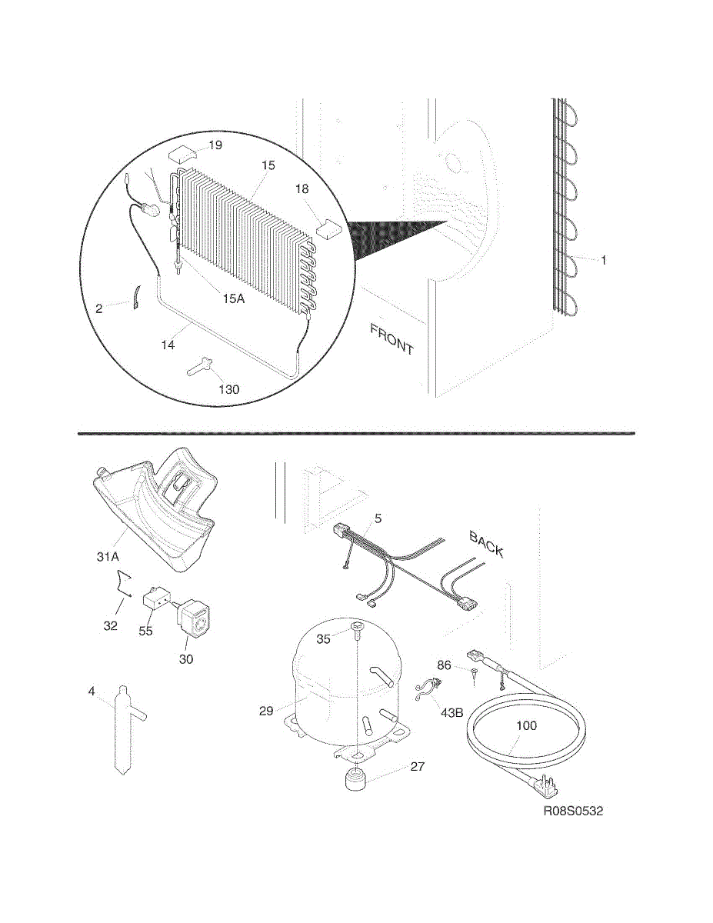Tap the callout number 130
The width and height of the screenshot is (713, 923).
(x=228, y=389)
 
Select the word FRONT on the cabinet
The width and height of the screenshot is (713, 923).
(x=392, y=339)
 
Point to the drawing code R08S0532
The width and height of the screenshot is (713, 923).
(x=573, y=811)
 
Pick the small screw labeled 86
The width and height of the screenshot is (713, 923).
(x=475, y=675)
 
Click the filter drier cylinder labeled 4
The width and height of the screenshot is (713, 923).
(x=122, y=731)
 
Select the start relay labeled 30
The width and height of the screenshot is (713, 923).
(x=196, y=621)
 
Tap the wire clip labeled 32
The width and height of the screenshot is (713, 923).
(x=124, y=585)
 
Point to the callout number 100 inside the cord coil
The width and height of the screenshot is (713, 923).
(x=527, y=725)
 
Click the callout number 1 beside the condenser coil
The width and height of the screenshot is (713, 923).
(x=604, y=261)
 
